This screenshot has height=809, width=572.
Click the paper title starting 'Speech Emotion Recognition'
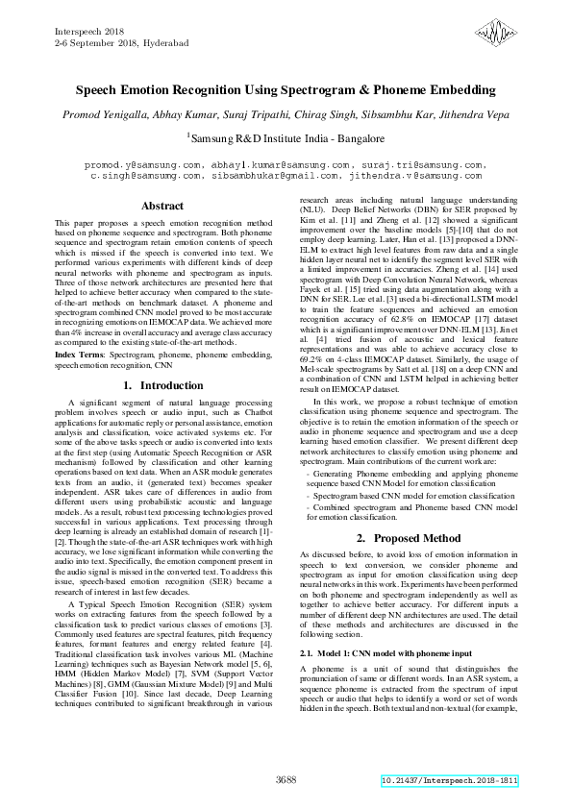pyautogui.click(x=286, y=90)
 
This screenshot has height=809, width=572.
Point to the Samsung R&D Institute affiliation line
pyautogui.click(x=286, y=138)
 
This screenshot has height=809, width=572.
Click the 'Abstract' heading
pyautogui.click(x=162, y=207)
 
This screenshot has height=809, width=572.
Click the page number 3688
pyautogui.click(x=286, y=779)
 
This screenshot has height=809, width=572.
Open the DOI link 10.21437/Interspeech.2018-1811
pyautogui.click(x=449, y=781)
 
